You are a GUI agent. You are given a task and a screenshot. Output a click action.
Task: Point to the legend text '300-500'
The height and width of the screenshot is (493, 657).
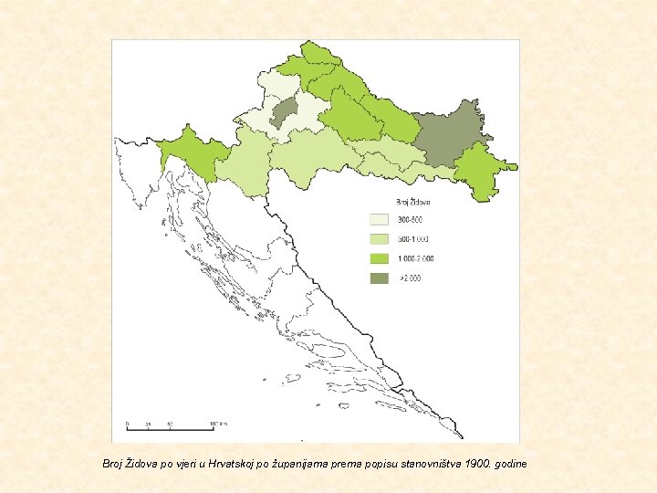[x=409, y=220]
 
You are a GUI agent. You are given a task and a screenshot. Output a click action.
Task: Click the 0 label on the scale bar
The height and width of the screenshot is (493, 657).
[x=127, y=424]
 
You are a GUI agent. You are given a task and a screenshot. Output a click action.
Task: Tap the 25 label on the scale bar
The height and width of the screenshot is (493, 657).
[x=149, y=424]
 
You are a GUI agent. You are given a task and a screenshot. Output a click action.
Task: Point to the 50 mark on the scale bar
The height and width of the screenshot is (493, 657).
[x=171, y=424]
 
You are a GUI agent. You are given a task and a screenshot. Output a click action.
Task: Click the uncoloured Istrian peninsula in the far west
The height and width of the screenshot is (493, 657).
[x=137, y=173]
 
